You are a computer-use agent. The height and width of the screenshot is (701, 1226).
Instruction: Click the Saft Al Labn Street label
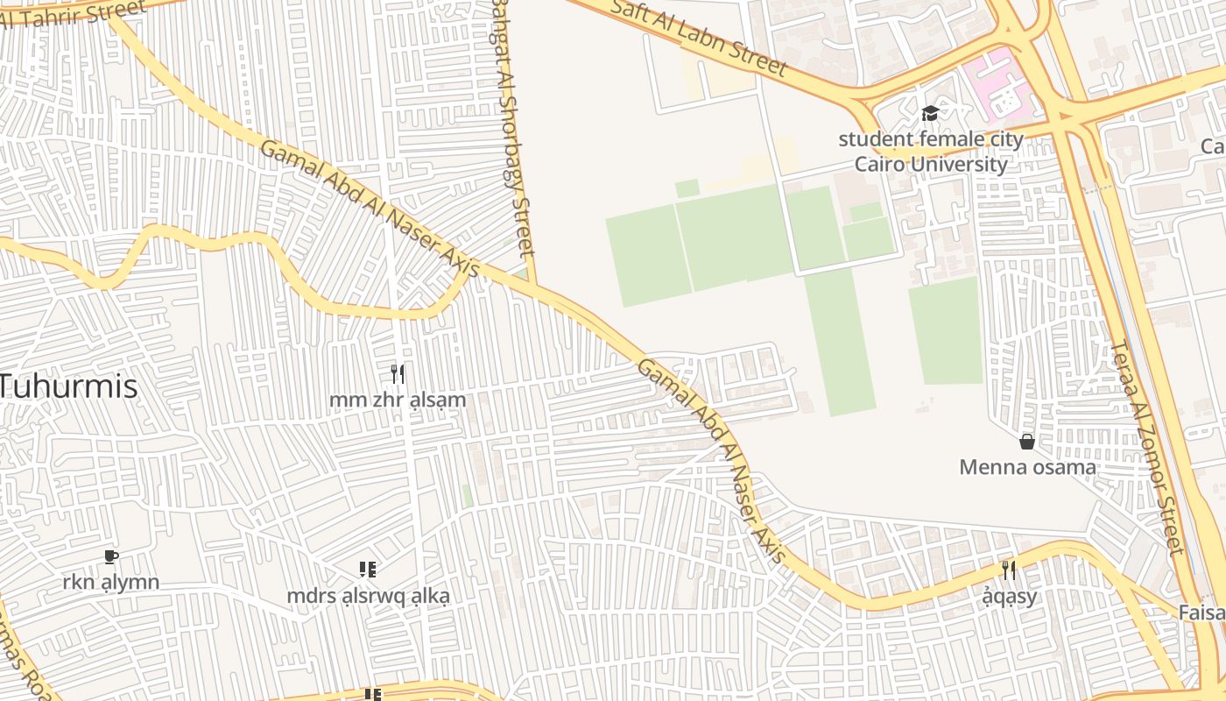click(700, 38)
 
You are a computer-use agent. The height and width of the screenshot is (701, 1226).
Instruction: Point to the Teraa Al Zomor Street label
click(1147, 447)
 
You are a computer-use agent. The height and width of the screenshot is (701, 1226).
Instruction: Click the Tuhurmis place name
click(68, 386)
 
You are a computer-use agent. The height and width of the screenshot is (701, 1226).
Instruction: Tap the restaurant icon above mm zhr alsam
click(398, 374)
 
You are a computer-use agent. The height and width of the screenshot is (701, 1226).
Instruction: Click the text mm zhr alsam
click(398, 400)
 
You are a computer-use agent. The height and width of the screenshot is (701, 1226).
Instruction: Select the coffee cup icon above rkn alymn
click(111, 557)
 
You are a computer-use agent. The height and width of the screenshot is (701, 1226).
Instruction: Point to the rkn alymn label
click(111, 582)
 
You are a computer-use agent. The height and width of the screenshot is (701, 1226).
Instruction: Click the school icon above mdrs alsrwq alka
click(368, 570)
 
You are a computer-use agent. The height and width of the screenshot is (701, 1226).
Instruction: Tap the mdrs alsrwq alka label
click(368, 596)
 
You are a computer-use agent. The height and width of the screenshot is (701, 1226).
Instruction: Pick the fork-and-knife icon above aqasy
click(1009, 570)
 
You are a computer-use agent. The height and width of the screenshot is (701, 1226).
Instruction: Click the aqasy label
click(1009, 597)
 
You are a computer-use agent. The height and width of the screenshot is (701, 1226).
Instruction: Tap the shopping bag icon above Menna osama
click(1027, 442)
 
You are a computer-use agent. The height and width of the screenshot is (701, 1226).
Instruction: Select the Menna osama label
click(1027, 467)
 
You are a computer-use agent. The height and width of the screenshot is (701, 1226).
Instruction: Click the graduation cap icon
click(930, 113)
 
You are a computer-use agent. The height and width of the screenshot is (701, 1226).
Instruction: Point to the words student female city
click(930, 138)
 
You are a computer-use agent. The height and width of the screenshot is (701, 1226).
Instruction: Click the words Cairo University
click(930, 164)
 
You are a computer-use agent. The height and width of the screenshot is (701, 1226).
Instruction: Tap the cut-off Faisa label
click(1201, 612)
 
